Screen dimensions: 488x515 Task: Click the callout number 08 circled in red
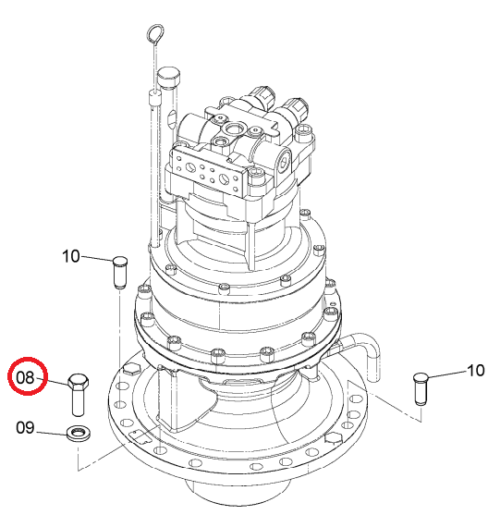25,378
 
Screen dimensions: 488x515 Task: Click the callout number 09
25,428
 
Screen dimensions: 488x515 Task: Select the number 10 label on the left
70,256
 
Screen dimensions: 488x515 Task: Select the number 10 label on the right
475,371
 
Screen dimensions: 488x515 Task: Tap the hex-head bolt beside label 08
79,395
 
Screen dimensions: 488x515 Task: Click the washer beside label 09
79,434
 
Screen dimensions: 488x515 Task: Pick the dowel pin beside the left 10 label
120,272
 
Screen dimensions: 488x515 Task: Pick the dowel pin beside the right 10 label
421,388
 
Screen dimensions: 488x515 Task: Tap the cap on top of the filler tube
169,76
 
